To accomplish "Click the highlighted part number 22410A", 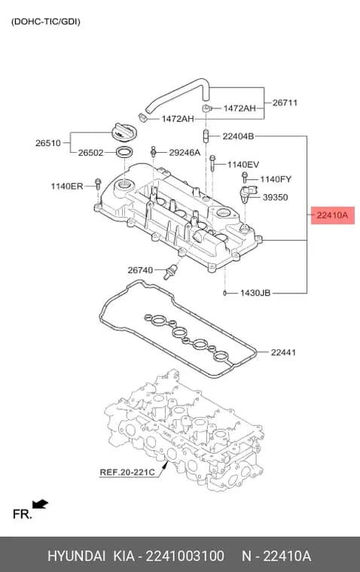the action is click(x=332, y=215).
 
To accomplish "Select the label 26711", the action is click(x=285, y=103).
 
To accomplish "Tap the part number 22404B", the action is click(x=238, y=136).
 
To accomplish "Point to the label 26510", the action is click(x=48, y=143).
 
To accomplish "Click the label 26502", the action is click(x=91, y=153).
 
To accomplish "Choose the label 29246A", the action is click(x=185, y=153).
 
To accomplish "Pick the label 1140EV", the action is click(x=243, y=165).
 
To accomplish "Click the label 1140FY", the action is click(x=276, y=179).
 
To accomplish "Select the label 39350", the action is click(x=276, y=197).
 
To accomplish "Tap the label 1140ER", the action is click(x=67, y=187).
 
